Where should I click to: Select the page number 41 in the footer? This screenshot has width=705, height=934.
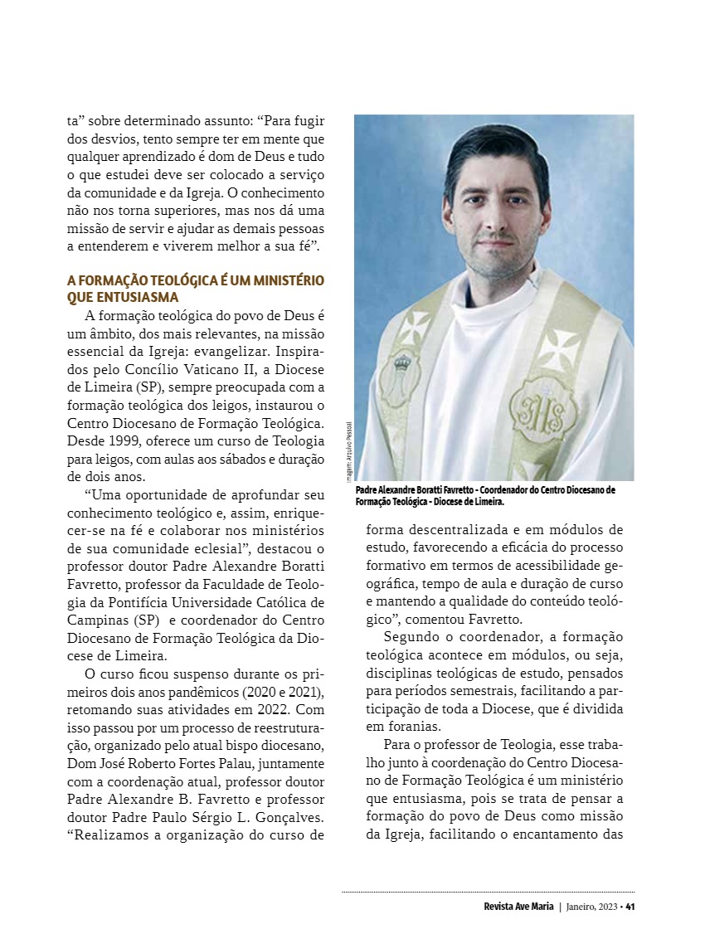click(630, 906)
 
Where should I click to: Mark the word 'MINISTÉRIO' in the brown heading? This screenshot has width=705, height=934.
click(283, 280)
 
